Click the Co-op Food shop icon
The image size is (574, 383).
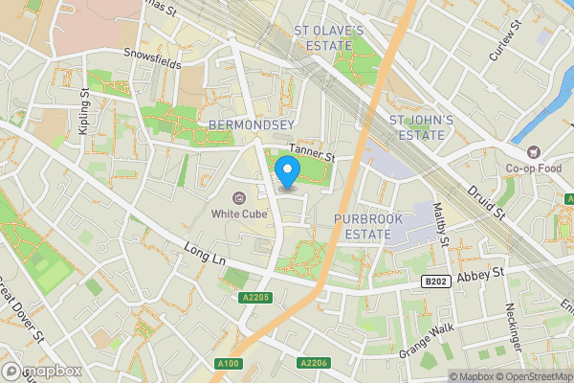pyautogui.click(x=533, y=152)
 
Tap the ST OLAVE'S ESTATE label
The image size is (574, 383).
pyautogui.click(x=329, y=38)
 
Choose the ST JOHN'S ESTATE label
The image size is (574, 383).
pyautogui.click(x=417, y=127)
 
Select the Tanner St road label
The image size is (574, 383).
pyautogui.click(x=313, y=151)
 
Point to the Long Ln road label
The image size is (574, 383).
pyautogui.click(x=204, y=253)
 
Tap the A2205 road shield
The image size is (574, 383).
pyautogui.click(x=252, y=299)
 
